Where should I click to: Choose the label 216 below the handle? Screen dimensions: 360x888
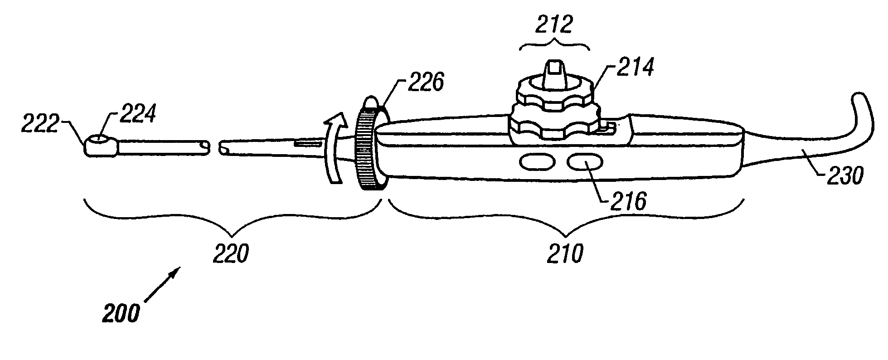click(627, 202)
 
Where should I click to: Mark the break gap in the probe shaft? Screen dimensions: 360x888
click(214, 147)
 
